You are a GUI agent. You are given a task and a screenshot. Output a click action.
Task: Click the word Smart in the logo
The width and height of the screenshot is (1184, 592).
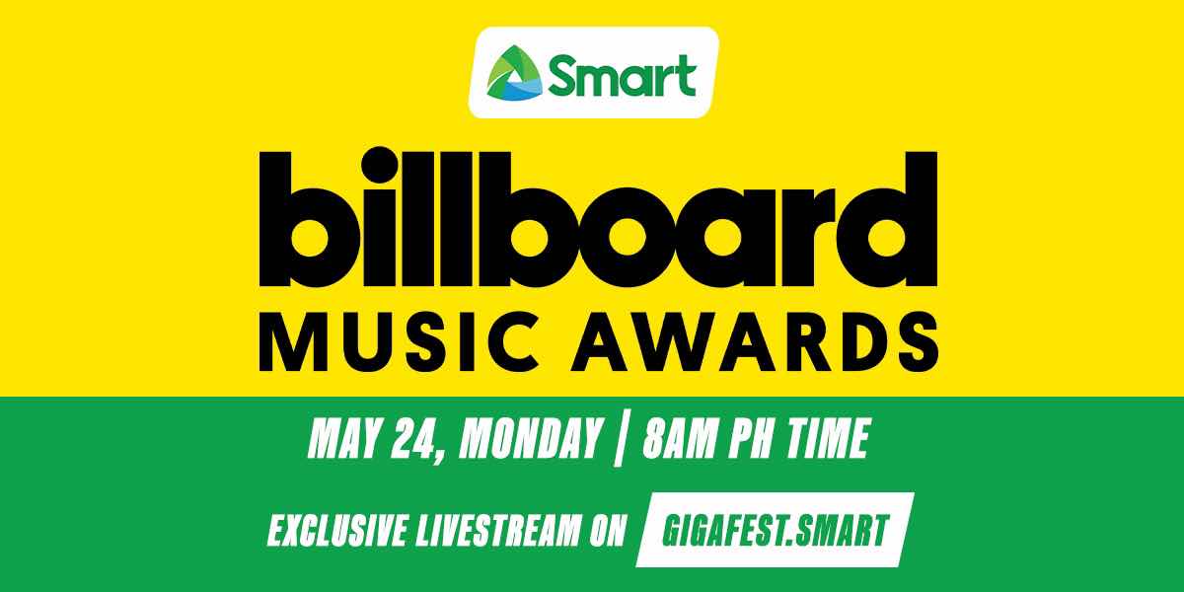(622, 76)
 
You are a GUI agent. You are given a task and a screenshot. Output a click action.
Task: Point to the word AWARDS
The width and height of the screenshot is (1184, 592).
(756, 341)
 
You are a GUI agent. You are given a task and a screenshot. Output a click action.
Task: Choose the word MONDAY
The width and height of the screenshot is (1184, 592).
(530, 438)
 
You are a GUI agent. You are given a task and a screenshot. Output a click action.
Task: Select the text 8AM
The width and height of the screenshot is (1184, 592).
(679, 438)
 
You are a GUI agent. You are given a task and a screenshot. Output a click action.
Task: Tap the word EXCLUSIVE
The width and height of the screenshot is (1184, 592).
(337, 530)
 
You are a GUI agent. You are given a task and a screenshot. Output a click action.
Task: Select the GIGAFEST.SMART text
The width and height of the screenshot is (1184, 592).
(775, 530)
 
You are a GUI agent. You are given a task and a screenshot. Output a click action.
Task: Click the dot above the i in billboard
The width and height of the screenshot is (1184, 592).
(379, 165)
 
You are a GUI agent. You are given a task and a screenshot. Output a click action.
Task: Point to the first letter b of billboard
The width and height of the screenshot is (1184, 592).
(308, 219)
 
